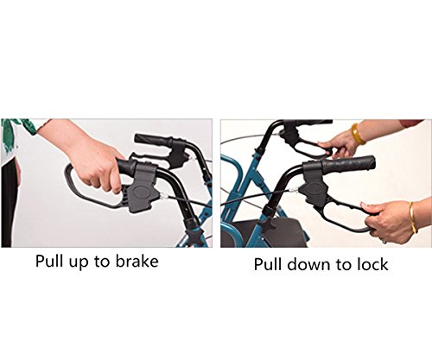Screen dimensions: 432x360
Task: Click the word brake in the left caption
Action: point(137,261)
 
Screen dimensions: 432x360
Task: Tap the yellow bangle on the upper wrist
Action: point(358,134)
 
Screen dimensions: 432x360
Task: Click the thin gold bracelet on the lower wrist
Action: point(413,217)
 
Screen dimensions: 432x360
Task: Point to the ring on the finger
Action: point(384,241)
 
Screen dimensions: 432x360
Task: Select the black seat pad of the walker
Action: point(266,232)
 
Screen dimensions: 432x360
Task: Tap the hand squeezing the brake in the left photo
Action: point(95,162)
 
